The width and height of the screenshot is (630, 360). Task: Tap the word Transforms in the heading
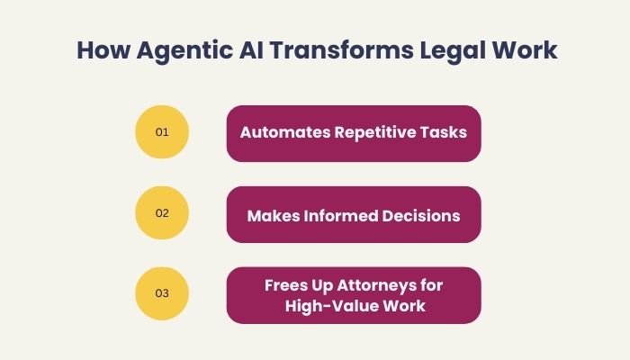(x=341, y=49)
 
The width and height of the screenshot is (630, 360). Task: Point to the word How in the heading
(x=103, y=50)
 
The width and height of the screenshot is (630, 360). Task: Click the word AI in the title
(x=251, y=50)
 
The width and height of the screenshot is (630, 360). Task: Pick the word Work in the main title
(x=525, y=50)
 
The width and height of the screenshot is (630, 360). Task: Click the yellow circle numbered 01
(x=162, y=131)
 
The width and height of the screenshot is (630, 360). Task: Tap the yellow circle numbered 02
(x=162, y=212)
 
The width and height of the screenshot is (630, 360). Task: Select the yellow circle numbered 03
(x=162, y=293)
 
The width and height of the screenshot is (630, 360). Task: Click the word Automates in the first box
(x=285, y=132)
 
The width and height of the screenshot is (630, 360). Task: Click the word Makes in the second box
(x=274, y=216)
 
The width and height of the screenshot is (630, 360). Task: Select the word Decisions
(x=421, y=216)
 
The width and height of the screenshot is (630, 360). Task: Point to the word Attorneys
(x=376, y=286)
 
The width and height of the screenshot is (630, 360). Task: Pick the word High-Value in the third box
(x=326, y=306)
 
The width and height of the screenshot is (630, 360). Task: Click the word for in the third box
(x=431, y=285)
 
